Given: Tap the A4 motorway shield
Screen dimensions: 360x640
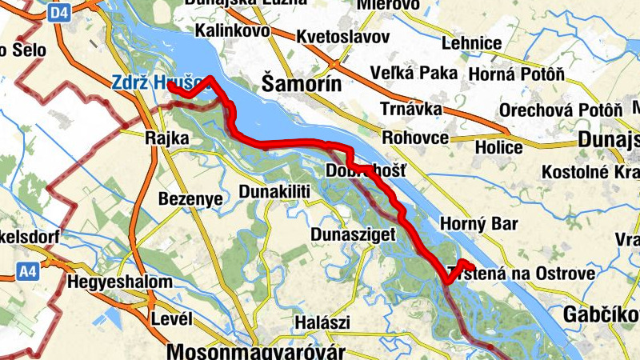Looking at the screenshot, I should click(x=27, y=272).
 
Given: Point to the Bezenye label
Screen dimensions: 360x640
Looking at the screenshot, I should click(x=190, y=198).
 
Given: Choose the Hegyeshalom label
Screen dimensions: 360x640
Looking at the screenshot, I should click(x=119, y=282).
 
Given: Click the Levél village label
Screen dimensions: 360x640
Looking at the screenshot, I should click(x=171, y=319).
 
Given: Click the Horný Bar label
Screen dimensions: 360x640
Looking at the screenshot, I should click(x=479, y=225).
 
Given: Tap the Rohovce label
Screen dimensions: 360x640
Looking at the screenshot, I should click(x=415, y=138).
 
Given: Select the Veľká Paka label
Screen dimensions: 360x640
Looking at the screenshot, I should click(x=414, y=74).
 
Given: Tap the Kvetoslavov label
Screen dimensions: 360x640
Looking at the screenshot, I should click(x=342, y=37).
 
